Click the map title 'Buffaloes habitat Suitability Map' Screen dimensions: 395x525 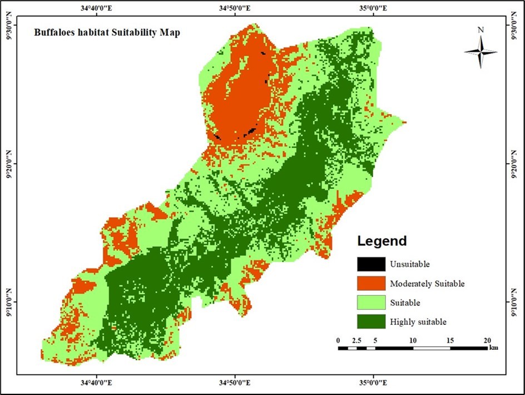pyautogui.click(x=107, y=32)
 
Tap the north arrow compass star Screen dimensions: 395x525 pyautogui.click(x=481, y=51)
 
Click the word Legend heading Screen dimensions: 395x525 pyautogui.click(x=382, y=241)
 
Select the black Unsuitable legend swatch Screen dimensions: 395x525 pyautogui.click(x=371, y=264)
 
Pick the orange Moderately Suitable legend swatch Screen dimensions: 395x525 pyautogui.click(x=371, y=283)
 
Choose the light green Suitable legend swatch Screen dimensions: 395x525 pyautogui.click(x=371, y=303)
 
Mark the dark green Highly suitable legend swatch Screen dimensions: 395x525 pyautogui.click(x=371, y=321)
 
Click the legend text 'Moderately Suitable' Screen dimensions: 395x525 pyautogui.click(x=427, y=284)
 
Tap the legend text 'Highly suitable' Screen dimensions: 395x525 pyautogui.click(x=418, y=321)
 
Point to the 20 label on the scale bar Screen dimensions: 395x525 pyautogui.click(x=487, y=340)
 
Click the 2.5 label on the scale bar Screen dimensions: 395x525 pyautogui.click(x=356, y=340)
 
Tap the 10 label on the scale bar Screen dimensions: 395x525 pyautogui.click(x=413, y=340)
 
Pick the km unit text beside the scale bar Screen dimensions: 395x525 pyautogui.click(x=493, y=348)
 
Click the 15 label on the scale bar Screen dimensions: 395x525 pyautogui.click(x=450, y=340)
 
